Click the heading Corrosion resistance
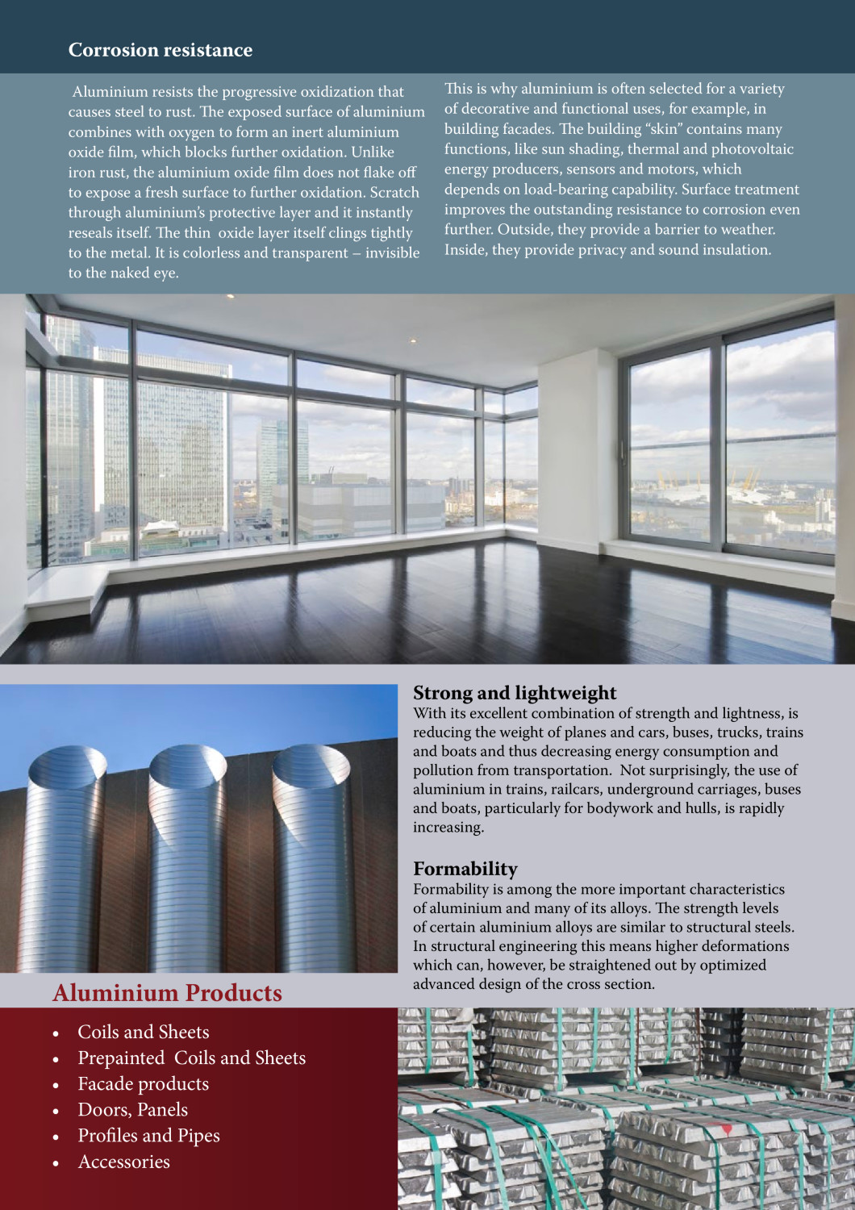pyautogui.click(x=160, y=50)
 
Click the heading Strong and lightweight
pyautogui.click(x=514, y=693)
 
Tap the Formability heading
pyautogui.click(x=465, y=869)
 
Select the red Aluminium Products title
pyautogui.click(x=167, y=993)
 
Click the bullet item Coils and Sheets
pyautogui.click(x=143, y=1033)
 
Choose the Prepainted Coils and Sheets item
pyautogui.click(x=191, y=1058)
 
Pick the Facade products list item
pyautogui.click(x=143, y=1084)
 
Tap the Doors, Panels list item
pyautogui.click(x=132, y=1110)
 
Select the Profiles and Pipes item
pyautogui.click(x=148, y=1136)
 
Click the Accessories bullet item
pyautogui.click(x=123, y=1162)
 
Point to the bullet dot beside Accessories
pyautogui.click(x=56, y=1163)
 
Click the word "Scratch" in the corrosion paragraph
pyautogui.click(x=394, y=193)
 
